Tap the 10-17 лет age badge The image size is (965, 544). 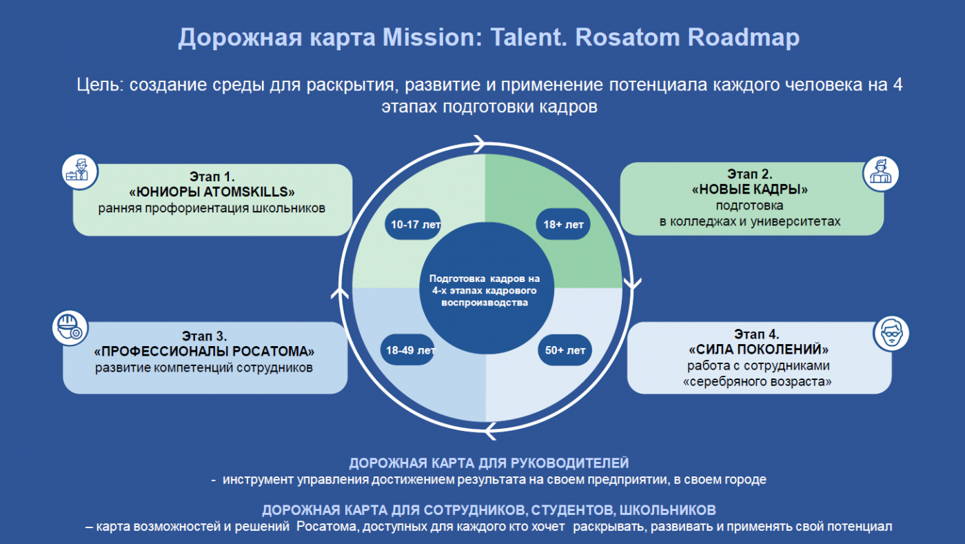[x=413, y=224]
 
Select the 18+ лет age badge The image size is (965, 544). [x=563, y=224]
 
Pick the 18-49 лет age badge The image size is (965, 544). [x=408, y=350]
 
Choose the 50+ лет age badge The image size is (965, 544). [x=565, y=350]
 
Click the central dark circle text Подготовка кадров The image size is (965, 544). [x=484, y=279]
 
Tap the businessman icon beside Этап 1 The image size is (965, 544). [x=80, y=172]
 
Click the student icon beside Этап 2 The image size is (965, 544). [x=881, y=173]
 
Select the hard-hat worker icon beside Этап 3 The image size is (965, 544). [x=70, y=328]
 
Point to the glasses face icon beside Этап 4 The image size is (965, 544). [x=891, y=333]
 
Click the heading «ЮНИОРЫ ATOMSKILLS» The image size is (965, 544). [x=212, y=192]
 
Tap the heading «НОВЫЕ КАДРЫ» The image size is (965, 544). [x=750, y=189]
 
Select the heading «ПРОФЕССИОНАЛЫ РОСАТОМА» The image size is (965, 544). [x=204, y=352]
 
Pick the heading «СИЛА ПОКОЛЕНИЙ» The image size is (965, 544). [x=758, y=349]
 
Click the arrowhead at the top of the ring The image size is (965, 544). [x=480, y=143]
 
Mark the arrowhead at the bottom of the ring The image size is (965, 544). [x=491, y=431]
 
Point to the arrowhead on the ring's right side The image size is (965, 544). [x=633, y=283]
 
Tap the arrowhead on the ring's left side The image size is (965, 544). [x=340, y=293]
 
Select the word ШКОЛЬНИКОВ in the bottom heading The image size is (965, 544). [x=667, y=510]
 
